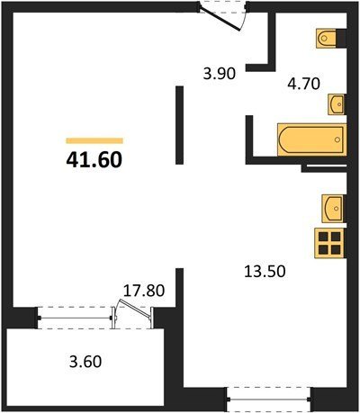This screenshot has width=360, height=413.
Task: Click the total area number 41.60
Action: click(x=94, y=159)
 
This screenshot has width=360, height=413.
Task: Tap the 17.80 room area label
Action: click(x=144, y=291)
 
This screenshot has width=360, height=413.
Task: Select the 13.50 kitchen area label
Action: click(x=265, y=272)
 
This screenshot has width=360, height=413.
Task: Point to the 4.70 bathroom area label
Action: click(x=303, y=84)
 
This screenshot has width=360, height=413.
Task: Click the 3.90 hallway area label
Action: click(x=220, y=74)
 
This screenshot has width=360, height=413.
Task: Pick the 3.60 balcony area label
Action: click(x=85, y=362)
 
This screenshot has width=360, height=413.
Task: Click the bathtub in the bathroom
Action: click(x=312, y=139)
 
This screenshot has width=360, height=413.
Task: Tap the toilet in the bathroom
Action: click(x=326, y=38)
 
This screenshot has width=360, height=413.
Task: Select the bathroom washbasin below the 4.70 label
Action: click(x=337, y=104)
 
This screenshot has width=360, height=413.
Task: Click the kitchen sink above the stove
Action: click(x=333, y=209)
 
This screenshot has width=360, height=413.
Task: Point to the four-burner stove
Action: click(x=329, y=243)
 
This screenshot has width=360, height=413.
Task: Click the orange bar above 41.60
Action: click(x=94, y=140)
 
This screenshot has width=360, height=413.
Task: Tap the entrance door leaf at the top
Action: click(x=220, y=20)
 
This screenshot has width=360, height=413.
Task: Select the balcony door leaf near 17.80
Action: click(x=135, y=308)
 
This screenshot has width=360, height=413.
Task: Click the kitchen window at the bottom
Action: click(x=269, y=399)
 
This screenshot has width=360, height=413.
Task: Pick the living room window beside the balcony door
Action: click(x=75, y=318)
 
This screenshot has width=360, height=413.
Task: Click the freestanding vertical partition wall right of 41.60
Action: click(x=179, y=125)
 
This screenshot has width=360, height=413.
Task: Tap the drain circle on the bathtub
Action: click(x=337, y=139)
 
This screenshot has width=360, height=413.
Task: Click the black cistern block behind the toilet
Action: click(x=341, y=38)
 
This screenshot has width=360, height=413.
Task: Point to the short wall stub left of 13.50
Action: click(x=179, y=287)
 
